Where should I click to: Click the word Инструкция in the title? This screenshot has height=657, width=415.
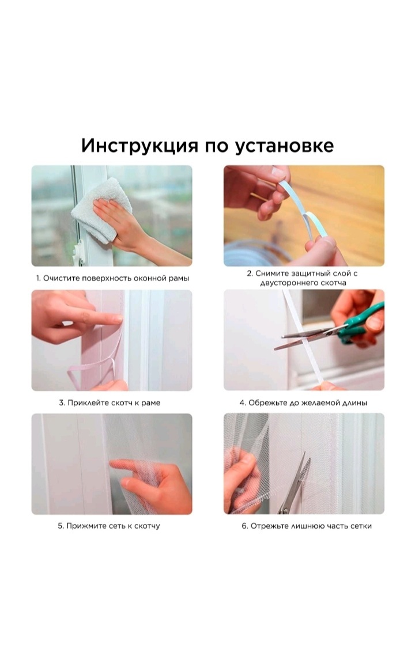click(139, 146)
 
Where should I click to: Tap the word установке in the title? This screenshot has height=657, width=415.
click(284, 146)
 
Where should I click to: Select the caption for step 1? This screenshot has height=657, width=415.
click(112, 278)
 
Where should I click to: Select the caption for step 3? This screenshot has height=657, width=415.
click(110, 402)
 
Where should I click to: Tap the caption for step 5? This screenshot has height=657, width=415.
click(109, 526)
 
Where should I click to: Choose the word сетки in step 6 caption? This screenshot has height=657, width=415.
click(361, 526)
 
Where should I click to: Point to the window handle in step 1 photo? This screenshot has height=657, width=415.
click(78, 253)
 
